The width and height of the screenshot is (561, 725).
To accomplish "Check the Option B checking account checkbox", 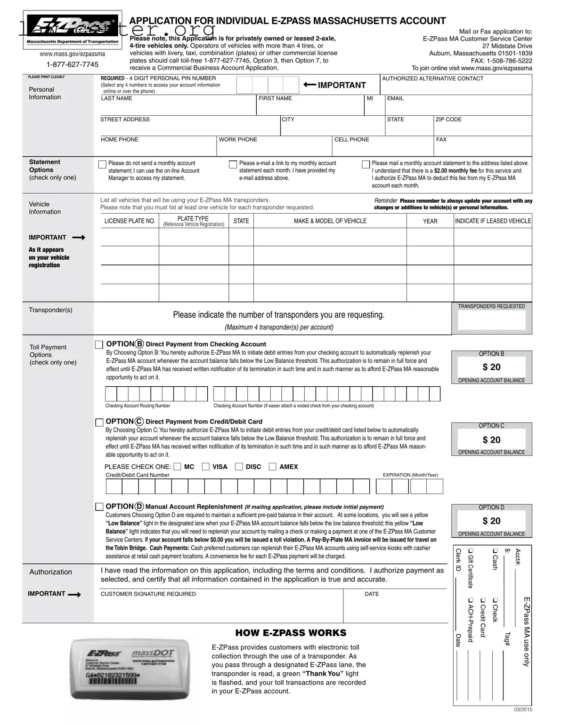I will [x=99, y=345].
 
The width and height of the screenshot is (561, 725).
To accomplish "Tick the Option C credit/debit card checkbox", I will [x=99, y=422].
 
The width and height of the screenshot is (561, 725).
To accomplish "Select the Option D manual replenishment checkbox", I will [x=99, y=507].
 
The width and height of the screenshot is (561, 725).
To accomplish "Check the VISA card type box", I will [x=206, y=467].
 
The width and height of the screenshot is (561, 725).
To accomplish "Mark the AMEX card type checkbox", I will [x=273, y=467].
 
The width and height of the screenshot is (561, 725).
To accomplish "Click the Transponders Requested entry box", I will [x=491, y=320].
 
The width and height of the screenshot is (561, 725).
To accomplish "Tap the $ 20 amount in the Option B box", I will [x=492, y=367].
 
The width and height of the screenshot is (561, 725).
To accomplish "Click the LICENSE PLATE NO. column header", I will [x=130, y=221].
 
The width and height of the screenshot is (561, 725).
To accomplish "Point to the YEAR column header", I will [x=430, y=221].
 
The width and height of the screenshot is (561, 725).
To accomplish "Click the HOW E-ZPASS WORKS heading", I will [x=291, y=633].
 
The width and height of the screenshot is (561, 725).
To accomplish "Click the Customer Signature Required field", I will [x=221, y=609].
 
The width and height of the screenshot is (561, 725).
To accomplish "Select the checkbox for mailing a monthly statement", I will [x=366, y=164].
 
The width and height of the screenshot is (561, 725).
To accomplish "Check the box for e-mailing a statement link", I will [x=233, y=164].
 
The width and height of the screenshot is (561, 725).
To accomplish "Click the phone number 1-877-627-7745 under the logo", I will [x=72, y=64].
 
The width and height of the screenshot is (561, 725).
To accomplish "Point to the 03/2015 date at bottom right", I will [x=523, y=709].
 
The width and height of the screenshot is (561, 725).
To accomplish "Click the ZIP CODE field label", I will [x=448, y=120].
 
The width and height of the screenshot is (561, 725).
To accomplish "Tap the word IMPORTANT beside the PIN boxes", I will [x=341, y=85].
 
